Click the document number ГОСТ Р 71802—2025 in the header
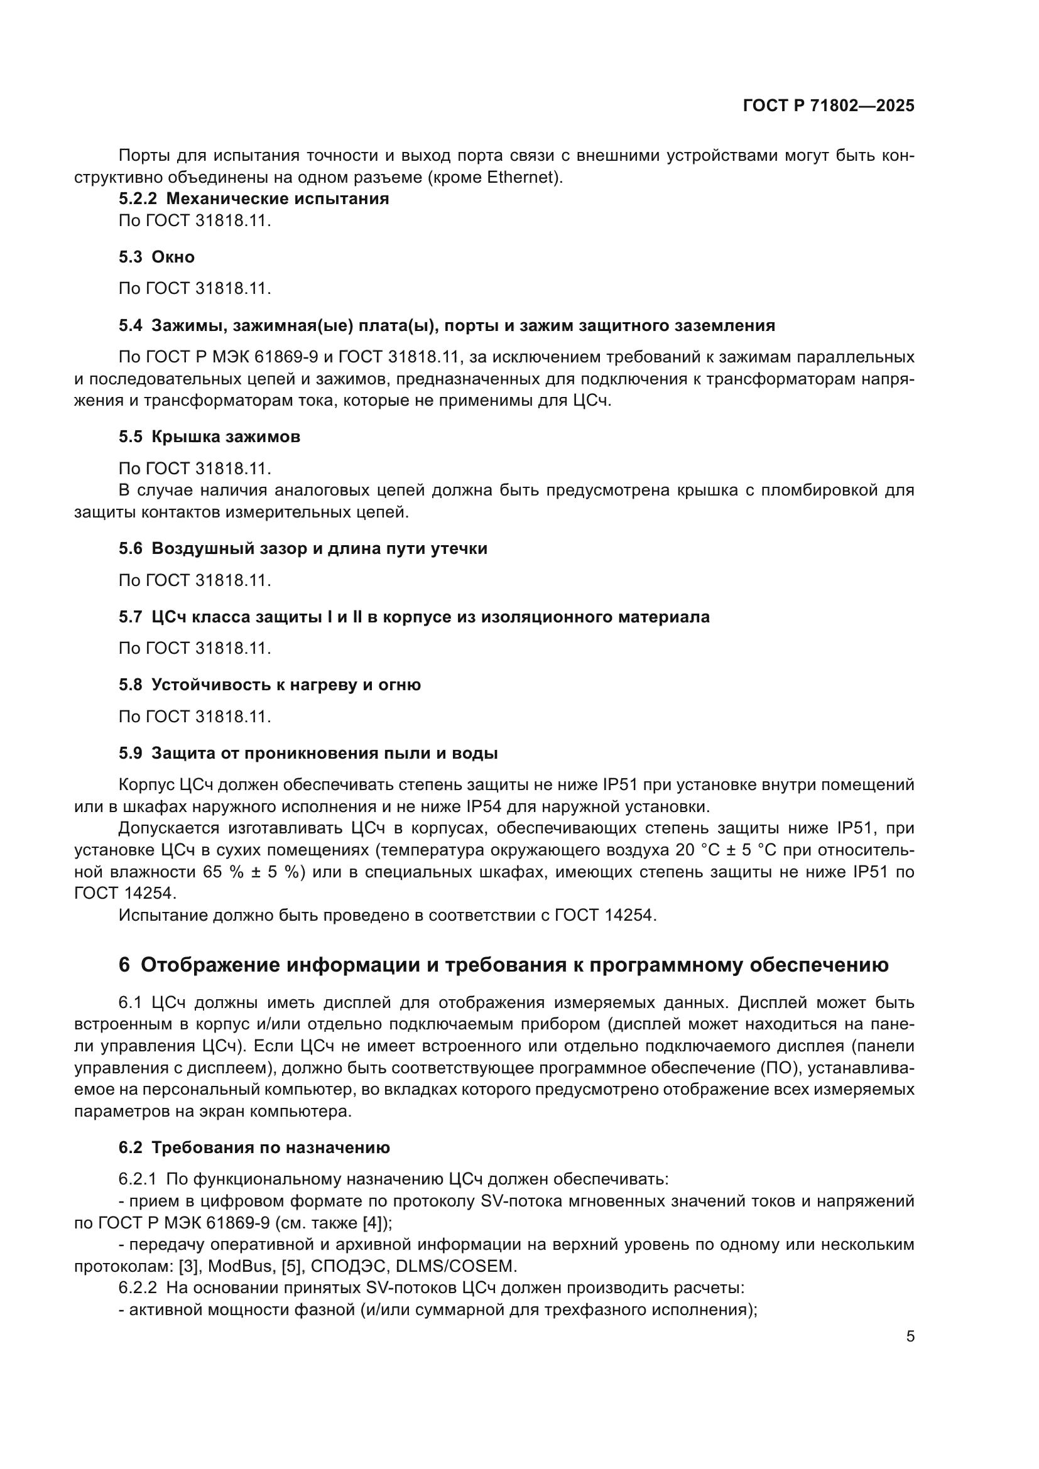point(829,106)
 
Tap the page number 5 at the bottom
point(910,1336)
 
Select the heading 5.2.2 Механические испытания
point(254,198)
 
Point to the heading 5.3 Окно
point(157,257)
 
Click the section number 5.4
point(131,326)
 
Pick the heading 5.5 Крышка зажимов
point(209,437)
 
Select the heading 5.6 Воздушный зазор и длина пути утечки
point(303,548)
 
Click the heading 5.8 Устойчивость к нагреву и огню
point(269,685)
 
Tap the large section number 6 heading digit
point(124,965)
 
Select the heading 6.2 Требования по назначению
point(254,1147)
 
